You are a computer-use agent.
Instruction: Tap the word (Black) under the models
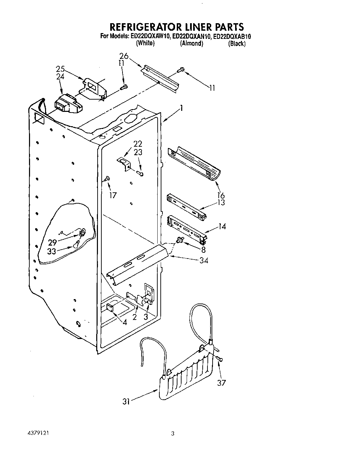pyautogui.click(x=237, y=43)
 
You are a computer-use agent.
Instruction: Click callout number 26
pyautogui.click(x=124, y=56)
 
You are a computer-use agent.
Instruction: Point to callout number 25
pyautogui.click(x=60, y=69)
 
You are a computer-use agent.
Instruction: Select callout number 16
pyautogui.click(x=221, y=195)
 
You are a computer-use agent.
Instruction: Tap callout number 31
pyautogui.click(x=126, y=402)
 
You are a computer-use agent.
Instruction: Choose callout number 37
pyautogui.click(x=221, y=383)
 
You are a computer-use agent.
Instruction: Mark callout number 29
pyautogui.click(x=52, y=242)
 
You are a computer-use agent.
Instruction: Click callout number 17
pyautogui.click(x=113, y=195)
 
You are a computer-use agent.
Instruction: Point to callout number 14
pyautogui.click(x=222, y=226)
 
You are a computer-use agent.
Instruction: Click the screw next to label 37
pyautogui.click(x=219, y=358)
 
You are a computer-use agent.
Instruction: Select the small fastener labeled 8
pyautogui.click(x=179, y=241)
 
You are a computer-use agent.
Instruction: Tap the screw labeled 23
pyautogui.click(x=140, y=174)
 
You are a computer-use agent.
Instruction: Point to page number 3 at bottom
pyautogui.click(x=173, y=434)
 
